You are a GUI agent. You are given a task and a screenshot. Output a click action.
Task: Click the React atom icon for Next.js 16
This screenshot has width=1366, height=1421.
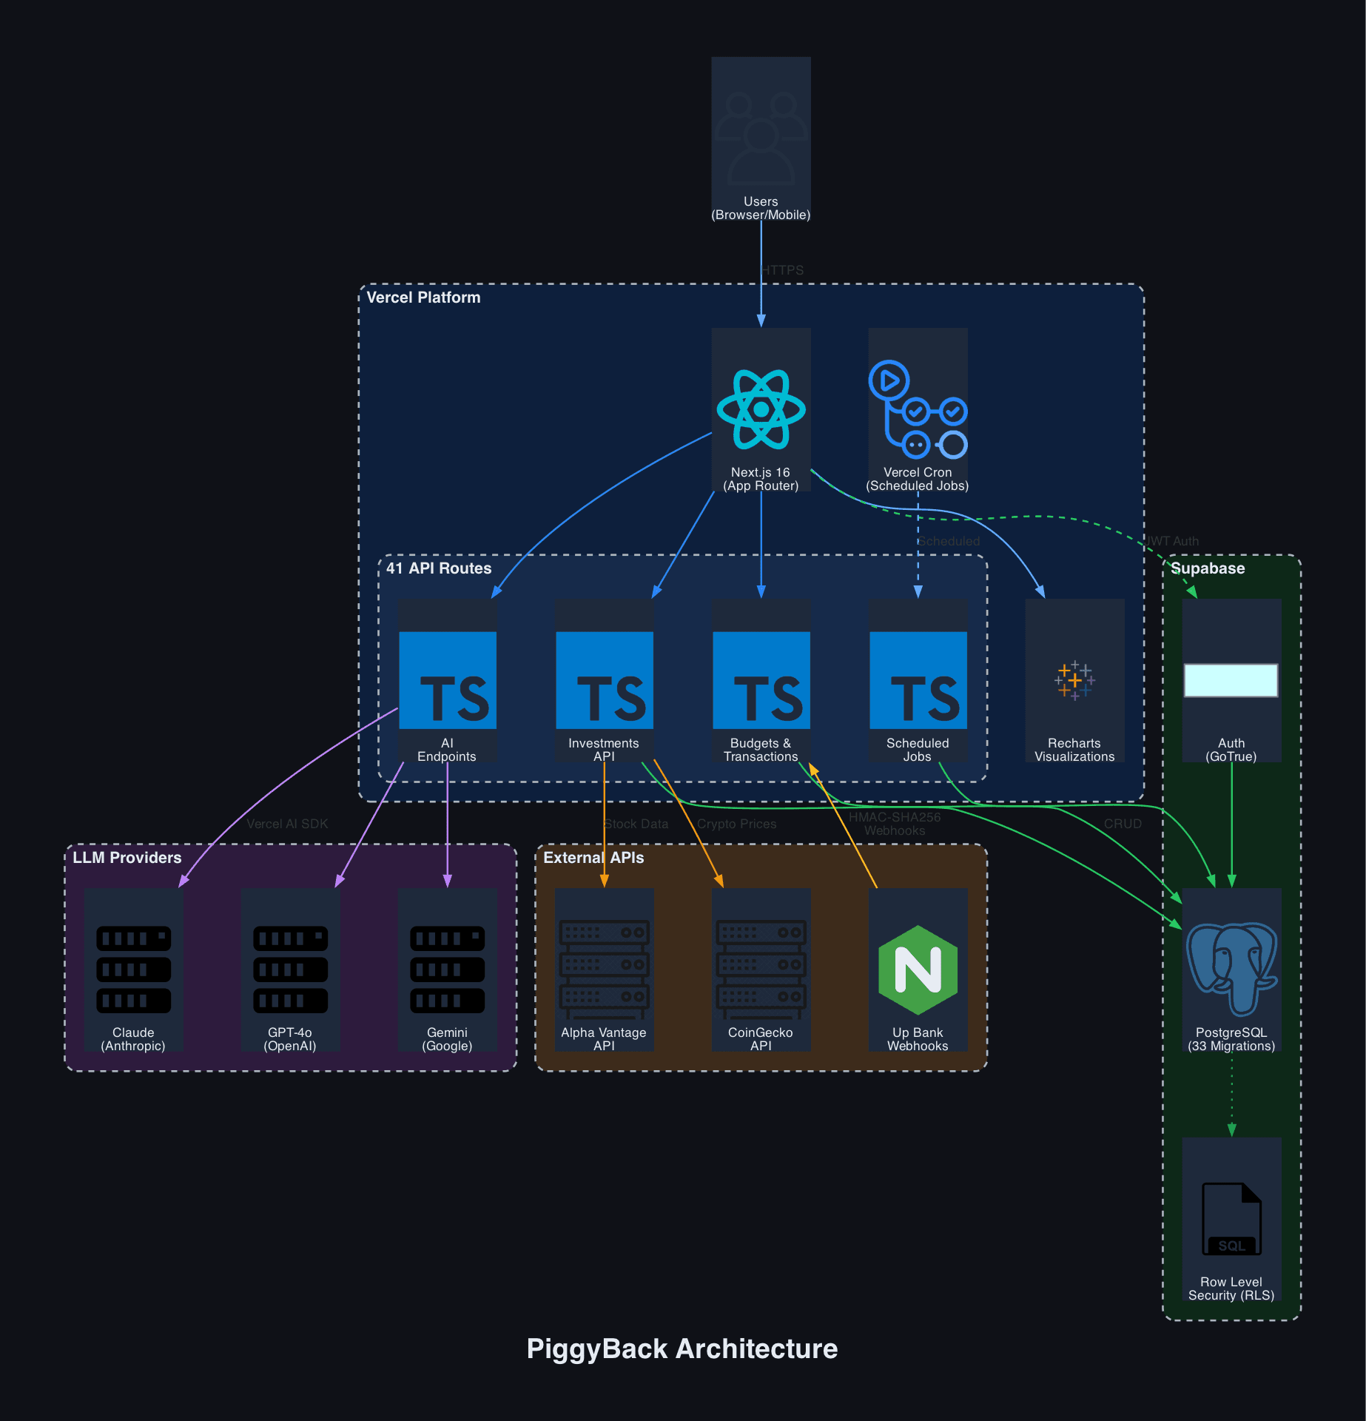pos(761,409)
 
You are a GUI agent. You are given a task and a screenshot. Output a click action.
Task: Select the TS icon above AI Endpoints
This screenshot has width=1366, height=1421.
pos(448,680)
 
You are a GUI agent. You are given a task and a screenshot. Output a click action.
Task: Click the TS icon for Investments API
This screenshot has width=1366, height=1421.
pos(605,680)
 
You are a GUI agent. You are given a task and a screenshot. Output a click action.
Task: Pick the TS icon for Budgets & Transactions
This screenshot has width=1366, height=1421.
pos(761,680)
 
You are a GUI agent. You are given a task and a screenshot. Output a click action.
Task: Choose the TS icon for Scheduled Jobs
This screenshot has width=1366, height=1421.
pos(918,680)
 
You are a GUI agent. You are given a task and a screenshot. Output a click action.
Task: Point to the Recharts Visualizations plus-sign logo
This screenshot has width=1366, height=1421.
pos(1074,680)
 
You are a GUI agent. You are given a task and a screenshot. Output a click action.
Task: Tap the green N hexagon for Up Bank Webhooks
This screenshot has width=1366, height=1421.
pos(918,970)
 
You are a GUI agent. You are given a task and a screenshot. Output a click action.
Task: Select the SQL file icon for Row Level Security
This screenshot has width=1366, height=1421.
pos(1231,1218)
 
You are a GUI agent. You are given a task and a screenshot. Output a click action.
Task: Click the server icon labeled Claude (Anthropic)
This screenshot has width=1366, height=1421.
pos(133,970)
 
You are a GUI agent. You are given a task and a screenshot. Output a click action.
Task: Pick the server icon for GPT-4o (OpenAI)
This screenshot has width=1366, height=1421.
pos(290,970)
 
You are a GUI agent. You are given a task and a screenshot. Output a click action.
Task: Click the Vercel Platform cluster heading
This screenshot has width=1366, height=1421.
pos(423,298)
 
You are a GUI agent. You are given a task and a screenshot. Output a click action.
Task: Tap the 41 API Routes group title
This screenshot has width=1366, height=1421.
pos(439,568)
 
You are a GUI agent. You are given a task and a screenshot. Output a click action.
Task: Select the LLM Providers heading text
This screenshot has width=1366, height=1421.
pos(127,858)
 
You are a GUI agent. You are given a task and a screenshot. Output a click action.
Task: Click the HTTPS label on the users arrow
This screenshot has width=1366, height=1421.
pos(782,270)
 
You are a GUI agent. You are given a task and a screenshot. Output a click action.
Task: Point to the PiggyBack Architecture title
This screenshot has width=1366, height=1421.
pos(682,1348)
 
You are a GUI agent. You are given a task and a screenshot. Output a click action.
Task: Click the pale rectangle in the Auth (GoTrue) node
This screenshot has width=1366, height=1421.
pos(1231,680)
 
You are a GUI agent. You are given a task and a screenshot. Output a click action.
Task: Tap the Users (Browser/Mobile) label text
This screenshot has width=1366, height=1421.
pos(761,208)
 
